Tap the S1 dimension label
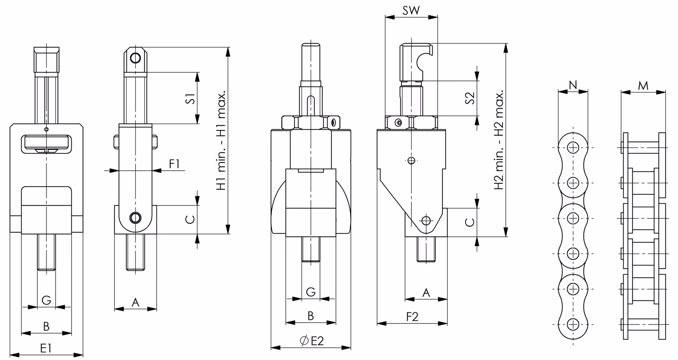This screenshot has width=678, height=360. coord(190,98)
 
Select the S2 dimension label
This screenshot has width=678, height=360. coord(470,98)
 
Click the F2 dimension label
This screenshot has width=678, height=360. coord(412,317)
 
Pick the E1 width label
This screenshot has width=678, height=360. coord(46,348)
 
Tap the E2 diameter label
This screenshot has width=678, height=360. coord(311,341)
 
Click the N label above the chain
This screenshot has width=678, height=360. coord(573,85)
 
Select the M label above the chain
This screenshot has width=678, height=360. coord(643,85)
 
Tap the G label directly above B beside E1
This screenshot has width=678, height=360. coord(46,300)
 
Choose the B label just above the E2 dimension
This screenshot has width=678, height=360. coord(311,316)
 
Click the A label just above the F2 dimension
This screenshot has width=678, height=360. coord(426,293)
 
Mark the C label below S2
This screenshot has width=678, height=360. coord(470,222)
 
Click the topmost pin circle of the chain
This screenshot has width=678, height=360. coord(573,148)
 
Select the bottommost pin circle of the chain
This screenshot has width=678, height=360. coord(573,324)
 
